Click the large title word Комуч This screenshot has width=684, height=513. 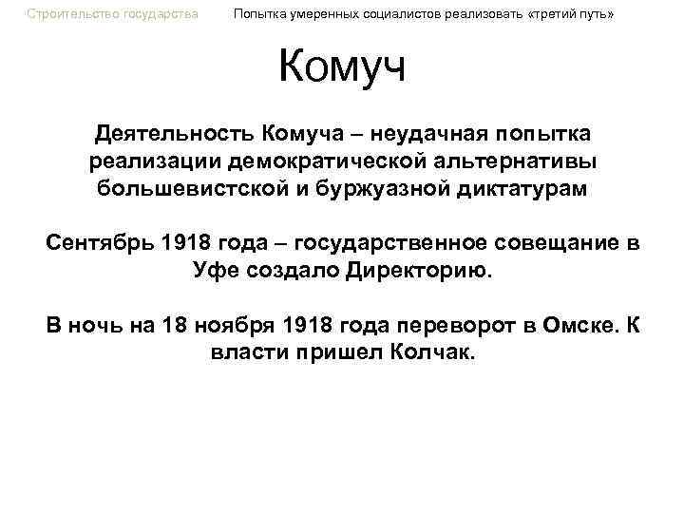[342, 67]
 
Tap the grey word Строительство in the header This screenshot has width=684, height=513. [66, 14]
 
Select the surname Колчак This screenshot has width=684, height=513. [437, 353]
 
